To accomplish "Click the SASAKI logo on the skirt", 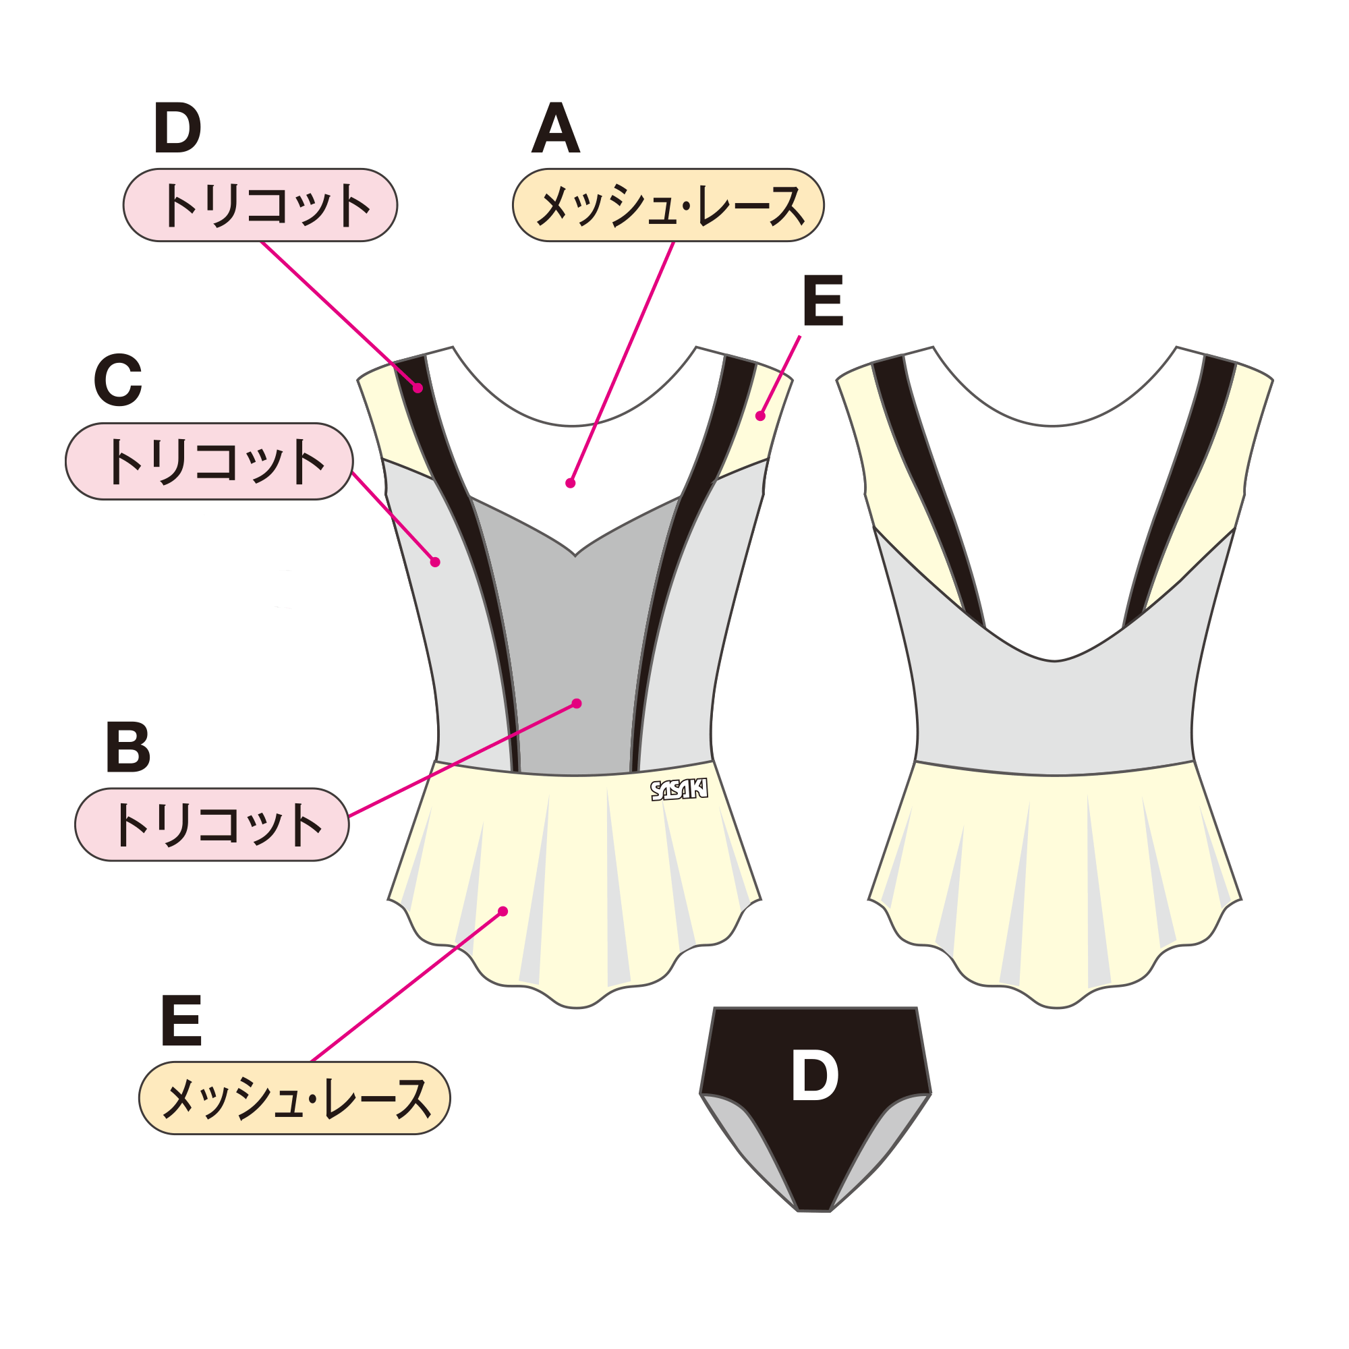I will pyautogui.click(x=679, y=790).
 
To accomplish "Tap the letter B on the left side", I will pyautogui.click(x=127, y=747).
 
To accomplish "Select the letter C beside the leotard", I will pyautogui.click(x=118, y=380).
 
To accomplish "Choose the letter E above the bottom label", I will pyautogui.click(x=181, y=1021).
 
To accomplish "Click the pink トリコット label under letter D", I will pyautogui.click(x=260, y=205).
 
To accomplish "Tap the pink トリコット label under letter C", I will pyautogui.click(x=210, y=461).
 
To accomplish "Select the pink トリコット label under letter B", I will pyautogui.click(x=212, y=825).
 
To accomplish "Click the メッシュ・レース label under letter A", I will pyautogui.click(x=668, y=205).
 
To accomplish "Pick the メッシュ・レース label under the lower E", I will pyautogui.click(x=295, y=1098).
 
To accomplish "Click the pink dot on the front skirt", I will pyautogui.click(x=503, y=911).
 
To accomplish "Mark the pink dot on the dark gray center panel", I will pyautogui.click(x=577, y=703).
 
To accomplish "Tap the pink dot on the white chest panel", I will pyautogui.click(x=571, y=483).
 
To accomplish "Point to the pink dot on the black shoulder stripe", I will pyautogui.click(x=418, y=389).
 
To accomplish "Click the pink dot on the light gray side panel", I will pyautogui.click(x=435, y=562).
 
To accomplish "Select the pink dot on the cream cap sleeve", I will pyautogui.click(x=760, y=416).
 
